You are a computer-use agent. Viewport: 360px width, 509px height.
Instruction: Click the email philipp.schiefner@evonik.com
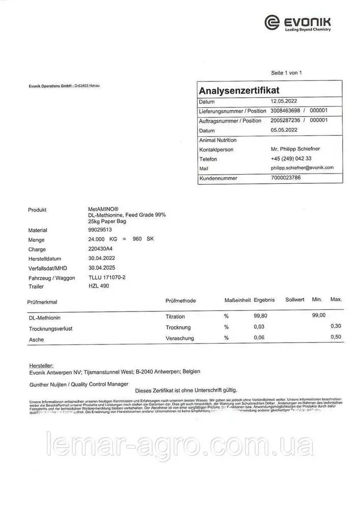(x=302, y=167)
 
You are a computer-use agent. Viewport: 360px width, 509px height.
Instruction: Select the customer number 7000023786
(x=286, y=178)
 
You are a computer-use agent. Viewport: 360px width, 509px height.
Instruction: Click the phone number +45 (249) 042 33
(x=291, y=158)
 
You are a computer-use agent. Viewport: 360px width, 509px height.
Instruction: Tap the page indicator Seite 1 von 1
(x=287, y=73)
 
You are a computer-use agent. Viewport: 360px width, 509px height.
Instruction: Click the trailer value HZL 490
(x=99, y=286)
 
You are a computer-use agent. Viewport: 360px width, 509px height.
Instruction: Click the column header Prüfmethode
(x=181, y=301)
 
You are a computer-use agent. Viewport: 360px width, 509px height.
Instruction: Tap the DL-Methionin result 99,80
(x=261, y=316)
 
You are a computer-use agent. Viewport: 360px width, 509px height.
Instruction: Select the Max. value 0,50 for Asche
(x=336, y=337)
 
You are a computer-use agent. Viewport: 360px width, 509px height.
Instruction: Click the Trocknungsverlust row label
(x=51, y=329)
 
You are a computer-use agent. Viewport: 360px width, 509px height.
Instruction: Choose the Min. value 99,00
(x=318, y=316)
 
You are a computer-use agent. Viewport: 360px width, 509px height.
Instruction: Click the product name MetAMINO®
(x=103, y=209)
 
